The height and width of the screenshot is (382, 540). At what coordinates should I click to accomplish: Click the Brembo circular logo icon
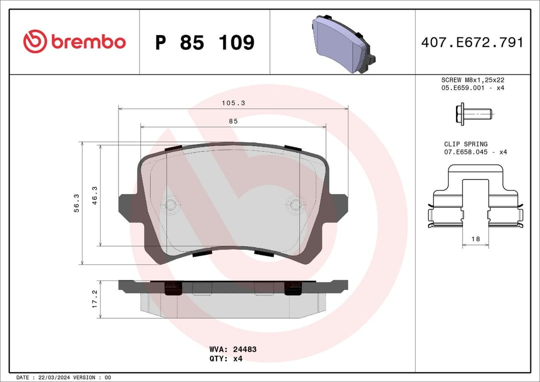point(34,42)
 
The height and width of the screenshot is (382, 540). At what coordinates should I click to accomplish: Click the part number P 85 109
point(204,42)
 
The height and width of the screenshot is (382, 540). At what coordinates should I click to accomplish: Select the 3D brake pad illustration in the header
point(343,43)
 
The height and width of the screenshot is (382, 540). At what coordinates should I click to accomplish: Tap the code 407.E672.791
point(472,42)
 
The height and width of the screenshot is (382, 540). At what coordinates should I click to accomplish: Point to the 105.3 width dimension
point(233,103)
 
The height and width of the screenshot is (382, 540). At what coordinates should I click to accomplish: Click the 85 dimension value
point(233,121)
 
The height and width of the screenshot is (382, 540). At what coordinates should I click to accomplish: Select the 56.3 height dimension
point(76,203)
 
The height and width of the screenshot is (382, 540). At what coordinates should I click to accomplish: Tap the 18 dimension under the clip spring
point(475,239)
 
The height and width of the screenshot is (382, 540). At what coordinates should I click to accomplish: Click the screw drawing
point(473,114)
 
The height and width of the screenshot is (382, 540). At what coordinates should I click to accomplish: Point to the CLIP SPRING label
point(465,144)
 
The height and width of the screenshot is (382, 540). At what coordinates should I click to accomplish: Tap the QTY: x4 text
point(226,358)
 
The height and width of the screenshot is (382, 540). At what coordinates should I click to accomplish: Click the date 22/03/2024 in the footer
point(52,377)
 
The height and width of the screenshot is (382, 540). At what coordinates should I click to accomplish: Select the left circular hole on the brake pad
point(171,204)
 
